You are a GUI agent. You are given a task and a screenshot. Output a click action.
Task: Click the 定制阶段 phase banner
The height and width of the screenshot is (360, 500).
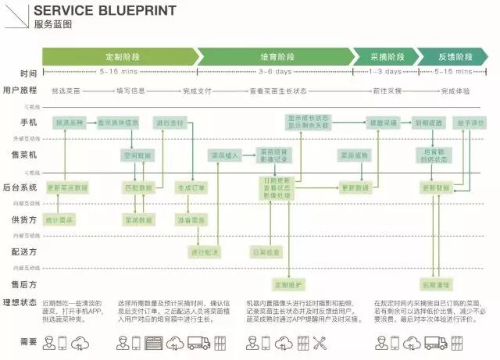119,57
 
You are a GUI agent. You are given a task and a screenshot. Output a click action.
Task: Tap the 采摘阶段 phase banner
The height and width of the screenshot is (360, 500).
384,57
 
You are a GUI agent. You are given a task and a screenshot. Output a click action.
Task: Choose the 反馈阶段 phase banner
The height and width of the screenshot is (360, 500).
452,57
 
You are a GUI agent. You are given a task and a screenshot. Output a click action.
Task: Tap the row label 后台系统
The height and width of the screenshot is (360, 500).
21,187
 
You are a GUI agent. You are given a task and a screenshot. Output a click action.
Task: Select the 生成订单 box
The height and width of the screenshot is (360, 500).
191,188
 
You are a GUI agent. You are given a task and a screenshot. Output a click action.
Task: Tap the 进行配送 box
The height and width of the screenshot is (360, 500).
205,252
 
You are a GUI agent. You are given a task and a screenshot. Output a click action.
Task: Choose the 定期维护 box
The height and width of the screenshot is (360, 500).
287,283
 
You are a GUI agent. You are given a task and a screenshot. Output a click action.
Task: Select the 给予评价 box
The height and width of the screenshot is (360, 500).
471,123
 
